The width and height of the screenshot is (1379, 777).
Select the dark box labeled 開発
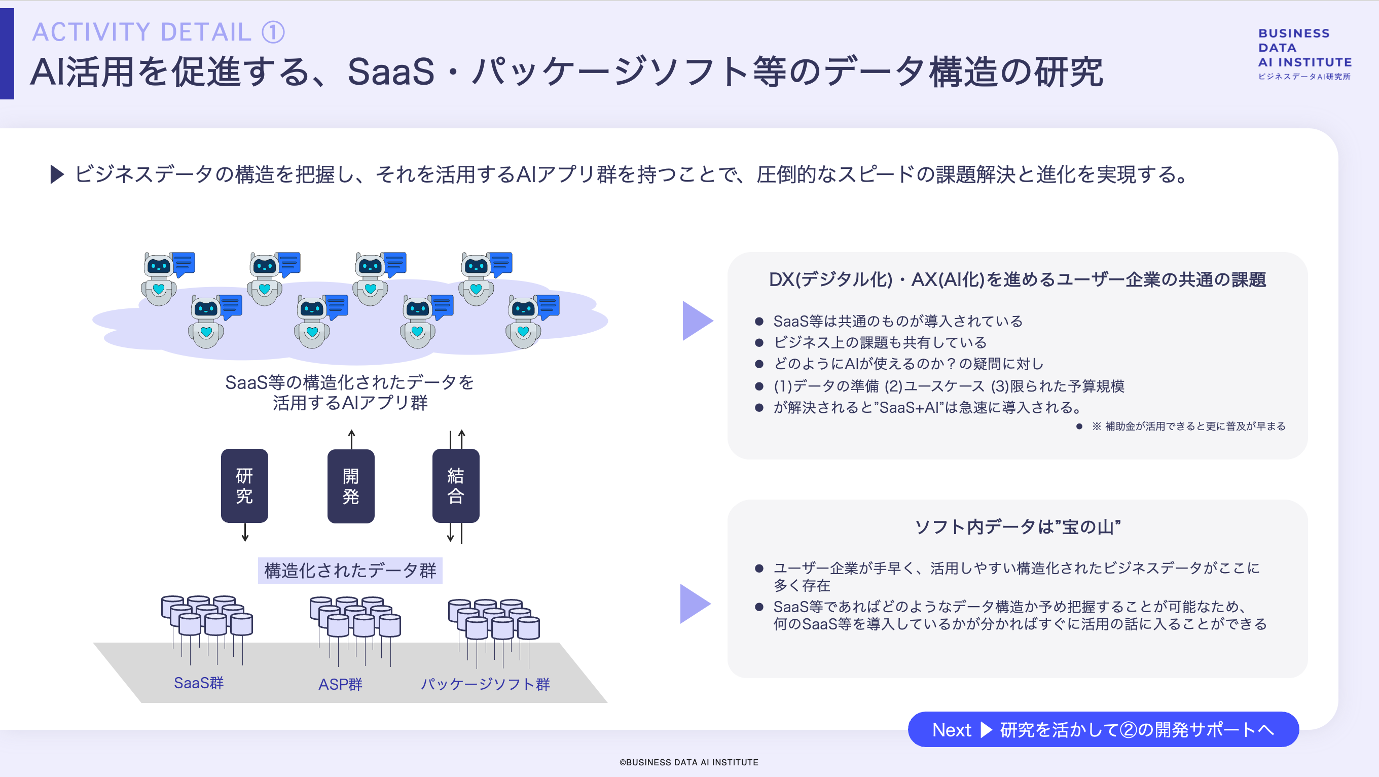[x=351, y=485]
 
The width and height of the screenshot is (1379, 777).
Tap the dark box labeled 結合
[x=456, y=485]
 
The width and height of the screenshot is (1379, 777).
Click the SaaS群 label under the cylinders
[x=199, y=683]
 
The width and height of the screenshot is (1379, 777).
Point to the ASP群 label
[x=341, y=684]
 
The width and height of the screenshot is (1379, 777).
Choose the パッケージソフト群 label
[x=485, y=684]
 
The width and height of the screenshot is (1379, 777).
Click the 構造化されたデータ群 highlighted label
[x=350, y=570]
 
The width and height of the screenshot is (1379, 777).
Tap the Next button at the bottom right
[x=1103, y=729]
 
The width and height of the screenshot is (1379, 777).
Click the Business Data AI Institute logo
[x=1304, y=54]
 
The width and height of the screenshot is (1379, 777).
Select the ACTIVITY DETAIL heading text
[x=142, y=32]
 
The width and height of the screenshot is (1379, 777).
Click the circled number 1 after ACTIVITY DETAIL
[x=273, y=32]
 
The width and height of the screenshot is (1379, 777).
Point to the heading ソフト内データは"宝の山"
[x=1017, y=527]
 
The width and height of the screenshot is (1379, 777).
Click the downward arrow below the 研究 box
[x=245, y=533]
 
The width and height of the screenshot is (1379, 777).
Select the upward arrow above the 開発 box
[x=352, y=439]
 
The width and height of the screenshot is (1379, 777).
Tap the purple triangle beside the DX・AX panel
[x=697, y=321]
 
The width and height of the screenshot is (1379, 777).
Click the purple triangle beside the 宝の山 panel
[x=695, y=604]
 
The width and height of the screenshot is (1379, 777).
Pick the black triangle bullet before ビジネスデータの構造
[x=57, y=174]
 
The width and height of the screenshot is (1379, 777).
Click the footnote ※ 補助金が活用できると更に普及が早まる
[x=1188, y=426]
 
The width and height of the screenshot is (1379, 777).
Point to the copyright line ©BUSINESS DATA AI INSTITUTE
[x=689, y=762]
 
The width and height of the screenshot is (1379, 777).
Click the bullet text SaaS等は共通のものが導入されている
[x=898, y=321]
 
